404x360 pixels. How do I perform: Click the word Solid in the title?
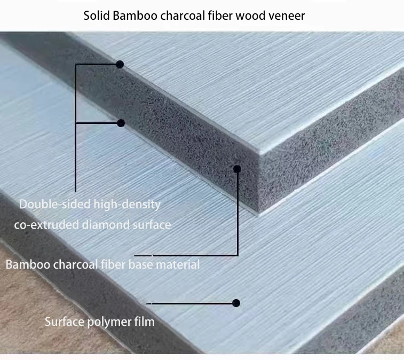coord(96,15)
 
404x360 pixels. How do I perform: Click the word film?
coord(143,322)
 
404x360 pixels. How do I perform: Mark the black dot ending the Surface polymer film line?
coord(236,303)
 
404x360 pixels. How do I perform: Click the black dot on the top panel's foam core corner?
coord(237,169)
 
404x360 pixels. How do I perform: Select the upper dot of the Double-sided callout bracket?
coord(120,65)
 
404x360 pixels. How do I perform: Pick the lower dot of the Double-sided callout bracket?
coord(121,123)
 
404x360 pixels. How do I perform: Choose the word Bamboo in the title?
coord(135,15)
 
